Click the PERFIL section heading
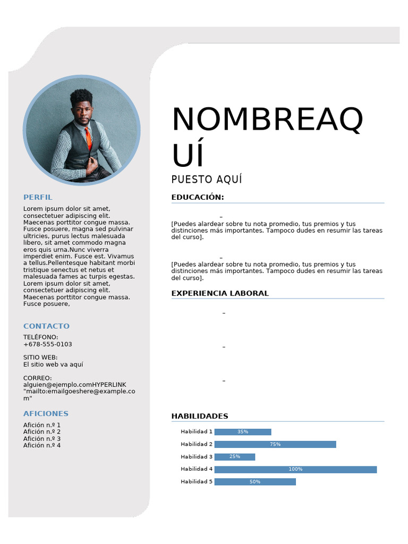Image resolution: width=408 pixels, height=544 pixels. coord(38,197)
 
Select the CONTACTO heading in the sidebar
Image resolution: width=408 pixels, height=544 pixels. coord(46,326)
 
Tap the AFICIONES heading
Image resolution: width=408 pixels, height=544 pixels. coord(46,413)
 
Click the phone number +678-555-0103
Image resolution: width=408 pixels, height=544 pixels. coord(47,344)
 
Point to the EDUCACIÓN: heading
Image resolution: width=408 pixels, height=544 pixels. coord(198,198)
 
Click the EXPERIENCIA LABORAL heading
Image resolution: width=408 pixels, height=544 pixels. coord(220,293)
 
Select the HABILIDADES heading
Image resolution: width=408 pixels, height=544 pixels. coord(200,416)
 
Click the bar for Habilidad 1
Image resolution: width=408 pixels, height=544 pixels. coord(243,432)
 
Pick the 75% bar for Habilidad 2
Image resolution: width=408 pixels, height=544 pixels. coord(275,444)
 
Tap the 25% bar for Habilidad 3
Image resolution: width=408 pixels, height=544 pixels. coord(235,457)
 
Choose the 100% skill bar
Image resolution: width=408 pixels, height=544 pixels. coord(295,469)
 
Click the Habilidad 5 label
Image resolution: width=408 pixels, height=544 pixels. coord(197,482)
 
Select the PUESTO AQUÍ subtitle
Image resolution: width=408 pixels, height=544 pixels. coord(207,180)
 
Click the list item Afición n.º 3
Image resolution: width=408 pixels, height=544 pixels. coord(42,439)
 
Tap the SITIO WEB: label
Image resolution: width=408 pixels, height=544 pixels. coord(40,358)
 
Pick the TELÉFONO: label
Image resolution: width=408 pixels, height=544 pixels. coord(41,337)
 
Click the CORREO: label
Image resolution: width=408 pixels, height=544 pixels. coord(38,378)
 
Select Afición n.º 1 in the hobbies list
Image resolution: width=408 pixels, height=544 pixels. coord(42,425)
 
